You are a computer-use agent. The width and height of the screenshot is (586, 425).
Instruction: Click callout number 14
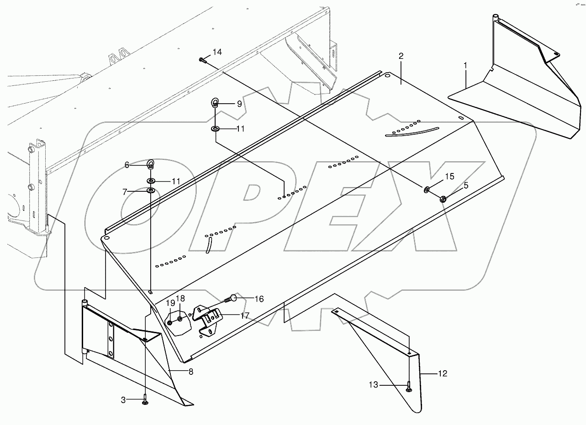coord(217,52)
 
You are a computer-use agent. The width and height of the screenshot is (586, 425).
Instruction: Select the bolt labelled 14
coord(202,60)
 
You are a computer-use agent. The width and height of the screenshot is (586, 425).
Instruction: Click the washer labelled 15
coord(427,189)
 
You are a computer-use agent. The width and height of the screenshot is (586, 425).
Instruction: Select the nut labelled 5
coord(442,199)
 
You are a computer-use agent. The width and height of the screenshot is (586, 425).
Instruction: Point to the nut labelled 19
coord(170,323)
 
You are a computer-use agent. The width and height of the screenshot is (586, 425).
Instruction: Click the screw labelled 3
coord(145,400)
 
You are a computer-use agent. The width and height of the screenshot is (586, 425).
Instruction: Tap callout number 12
coord(442,374)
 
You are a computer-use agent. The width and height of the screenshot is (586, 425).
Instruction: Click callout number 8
coord(190,372)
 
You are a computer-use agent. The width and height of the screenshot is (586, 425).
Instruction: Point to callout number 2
coord(401,56)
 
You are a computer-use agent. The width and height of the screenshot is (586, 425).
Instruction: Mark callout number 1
coord(465,65)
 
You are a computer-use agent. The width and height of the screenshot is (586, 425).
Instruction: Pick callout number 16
coord(259,299)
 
